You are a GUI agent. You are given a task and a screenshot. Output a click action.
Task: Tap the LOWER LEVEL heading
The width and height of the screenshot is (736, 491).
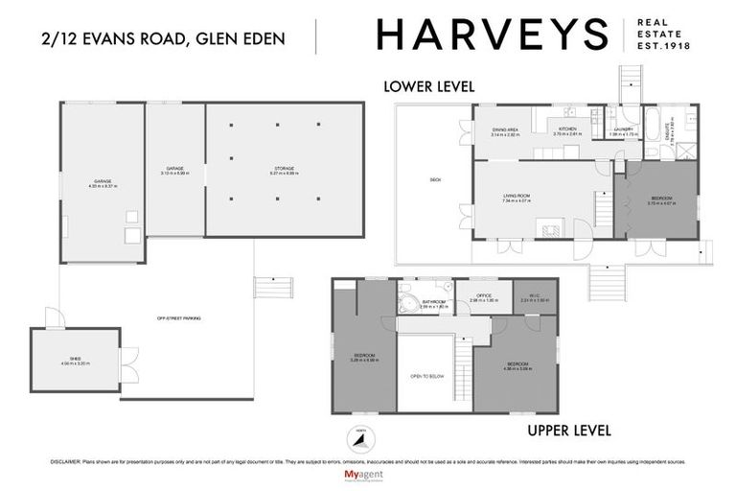point(428,86)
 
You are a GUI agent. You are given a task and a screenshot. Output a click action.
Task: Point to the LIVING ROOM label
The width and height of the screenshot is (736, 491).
point(517,196)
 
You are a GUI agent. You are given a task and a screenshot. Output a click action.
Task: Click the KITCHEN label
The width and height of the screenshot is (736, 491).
point(566,129)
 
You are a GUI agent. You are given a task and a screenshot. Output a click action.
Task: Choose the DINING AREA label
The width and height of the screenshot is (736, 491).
point(505,129)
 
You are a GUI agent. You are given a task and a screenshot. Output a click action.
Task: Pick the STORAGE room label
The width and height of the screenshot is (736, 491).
point(285,168)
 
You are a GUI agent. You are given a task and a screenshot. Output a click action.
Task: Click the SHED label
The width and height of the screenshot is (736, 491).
point(75,359)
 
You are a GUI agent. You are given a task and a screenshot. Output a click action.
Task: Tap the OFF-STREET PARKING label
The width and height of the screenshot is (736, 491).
point(185,318)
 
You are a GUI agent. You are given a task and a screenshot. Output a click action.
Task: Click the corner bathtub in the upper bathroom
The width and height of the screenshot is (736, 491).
point(408,305)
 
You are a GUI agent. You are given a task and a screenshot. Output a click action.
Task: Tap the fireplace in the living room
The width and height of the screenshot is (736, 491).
point(552,229)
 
